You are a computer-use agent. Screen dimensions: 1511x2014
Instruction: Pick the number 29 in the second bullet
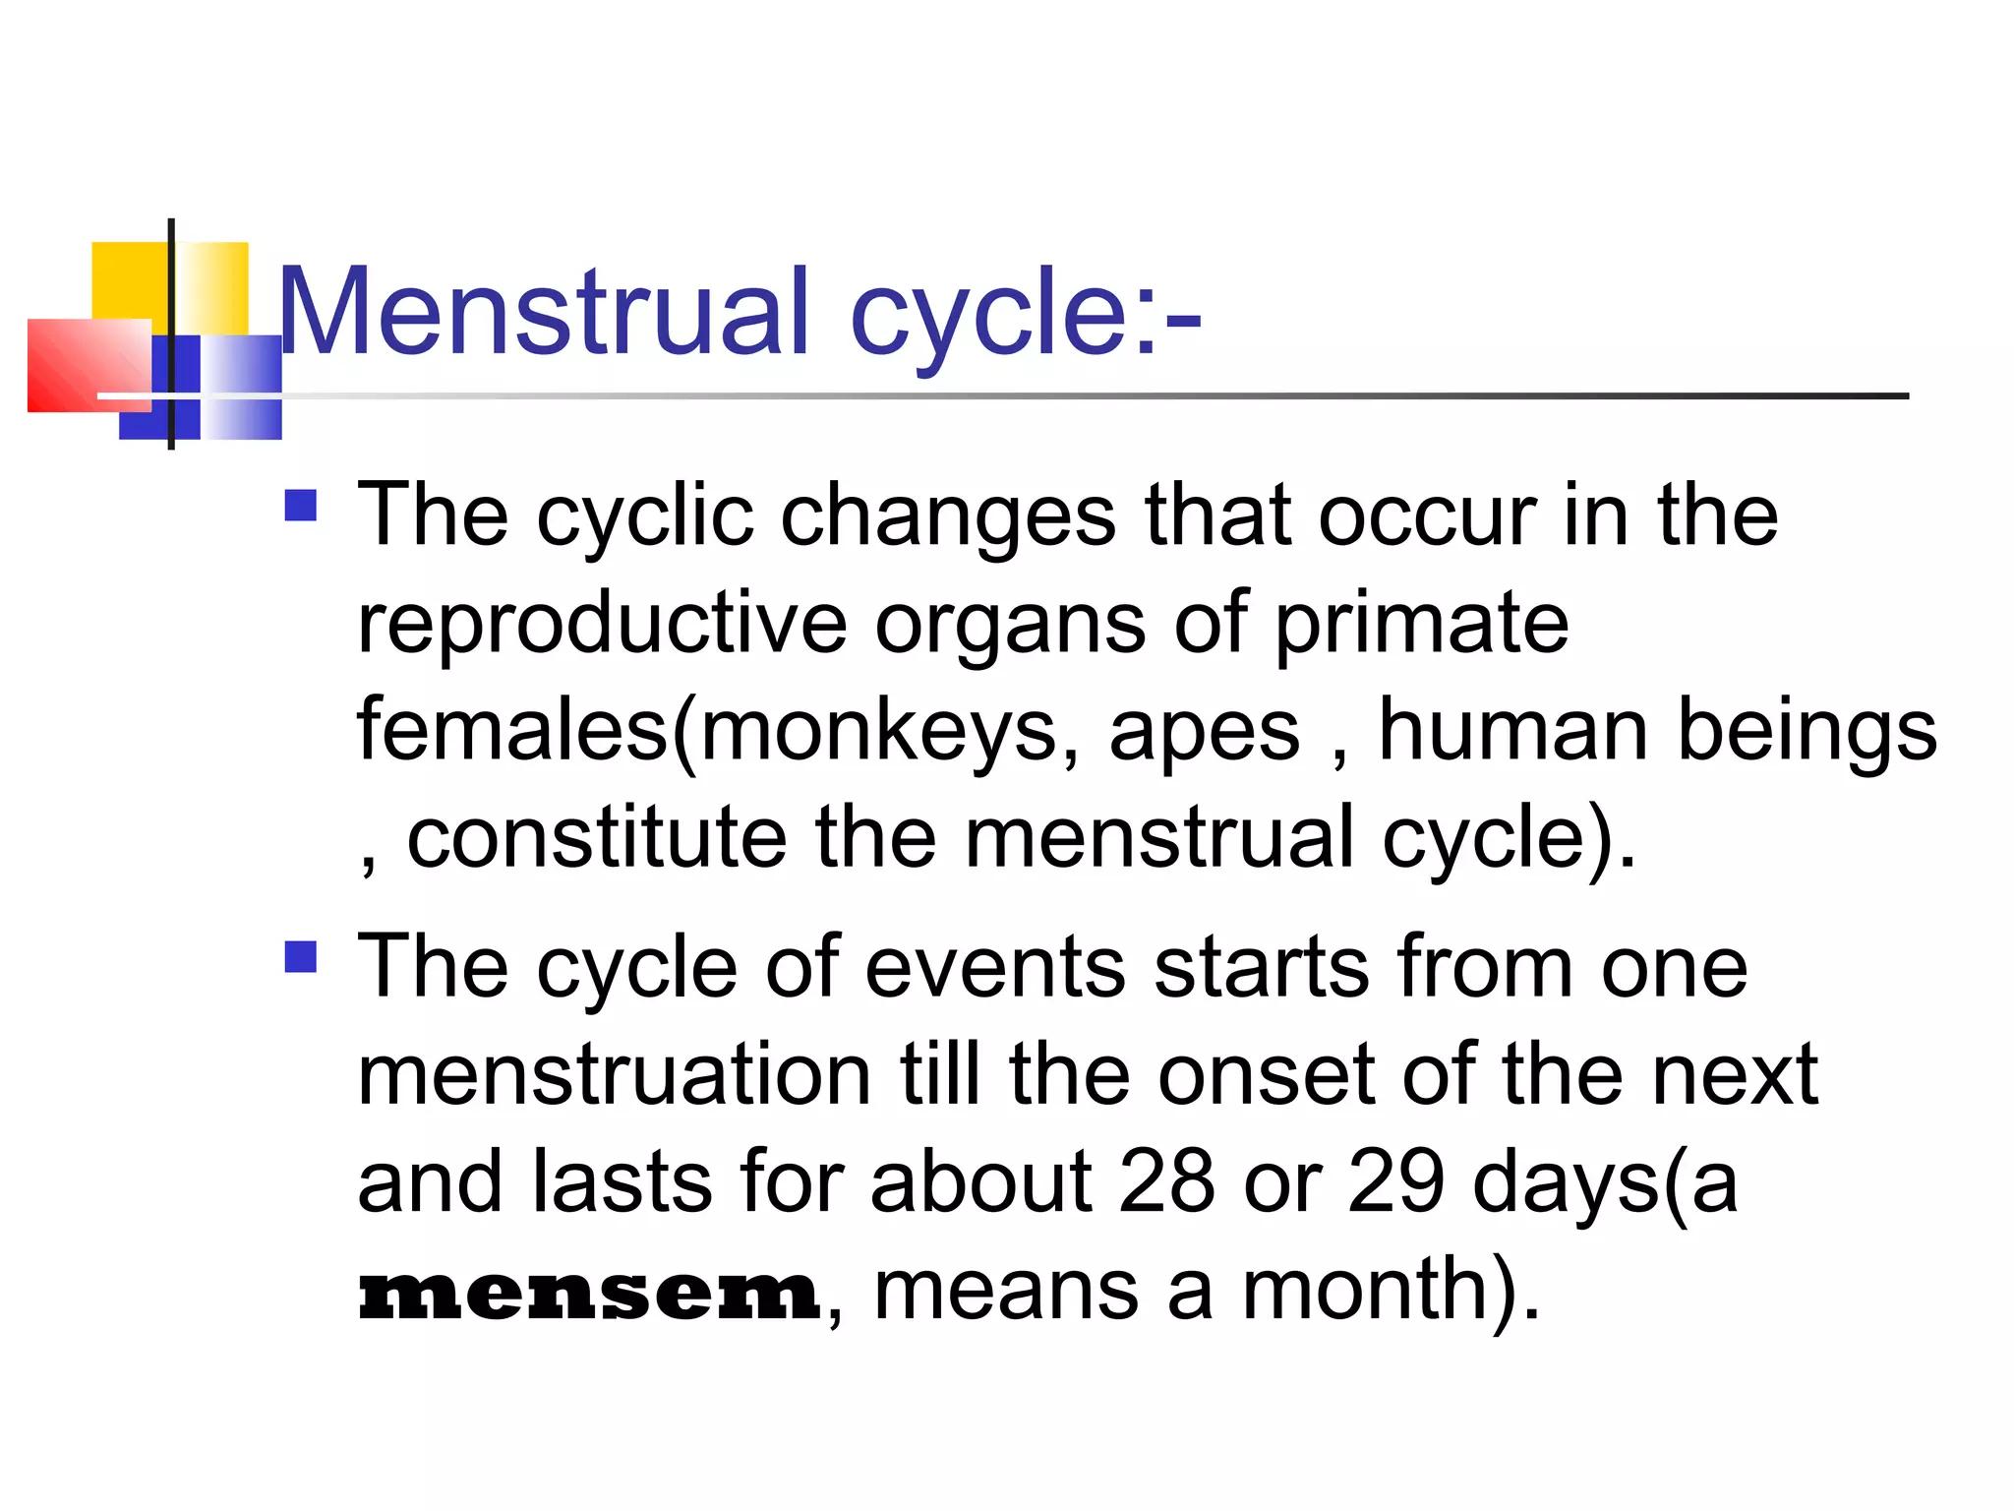[1395, 1181]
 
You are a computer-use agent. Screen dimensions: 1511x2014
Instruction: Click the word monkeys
[876, 731]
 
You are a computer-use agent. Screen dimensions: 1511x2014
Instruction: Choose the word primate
[1421, 625]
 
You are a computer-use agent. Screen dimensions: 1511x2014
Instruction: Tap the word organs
[1010, 627]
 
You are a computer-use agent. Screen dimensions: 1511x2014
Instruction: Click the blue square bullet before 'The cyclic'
[300, 506]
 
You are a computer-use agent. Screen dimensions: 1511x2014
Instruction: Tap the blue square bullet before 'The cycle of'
[300, 956]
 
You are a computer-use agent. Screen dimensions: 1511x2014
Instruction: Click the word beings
[1807, 733]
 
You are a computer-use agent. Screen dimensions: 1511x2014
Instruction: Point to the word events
[994, 968]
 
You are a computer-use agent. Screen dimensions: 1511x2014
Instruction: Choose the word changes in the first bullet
[948, 518]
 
